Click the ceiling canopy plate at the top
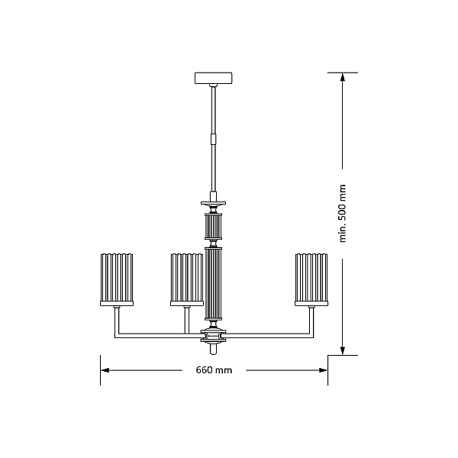[x=214, y=78]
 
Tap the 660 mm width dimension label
[x=214, y=370]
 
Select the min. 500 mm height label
[x=342, y=214]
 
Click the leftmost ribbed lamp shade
[x=117, y=278]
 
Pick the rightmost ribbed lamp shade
[x=311, y=278]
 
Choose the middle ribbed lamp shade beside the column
[x=187, y=278]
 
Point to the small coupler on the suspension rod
[x=214, y=139]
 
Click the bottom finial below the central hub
[x=214, y=349]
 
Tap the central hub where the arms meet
[x=214, y=335]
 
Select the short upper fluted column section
[x=214, y=227]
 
